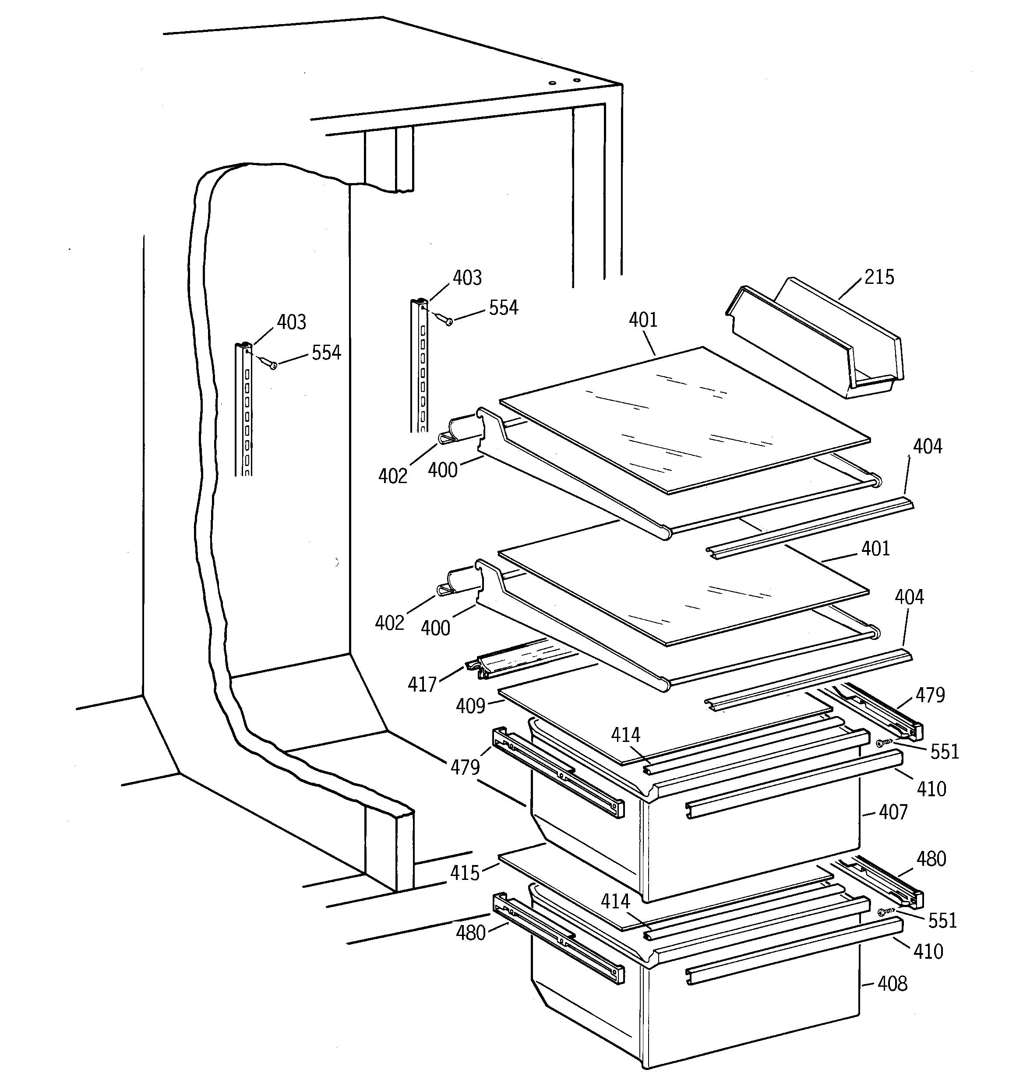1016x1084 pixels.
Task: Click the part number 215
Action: click(x=879, y=277)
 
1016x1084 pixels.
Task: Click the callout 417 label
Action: click(x=422, y=684)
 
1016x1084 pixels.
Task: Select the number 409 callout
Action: click(x=470, y=706)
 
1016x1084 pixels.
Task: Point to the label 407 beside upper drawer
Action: click(x=893, y=812)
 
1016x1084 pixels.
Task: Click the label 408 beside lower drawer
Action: click(x=892, y=983)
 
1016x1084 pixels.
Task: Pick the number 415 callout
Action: click(x=465, y=873)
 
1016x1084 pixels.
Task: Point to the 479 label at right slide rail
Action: click(x=930, y=695)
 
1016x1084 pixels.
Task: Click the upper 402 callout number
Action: click(x=393, y=476)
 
